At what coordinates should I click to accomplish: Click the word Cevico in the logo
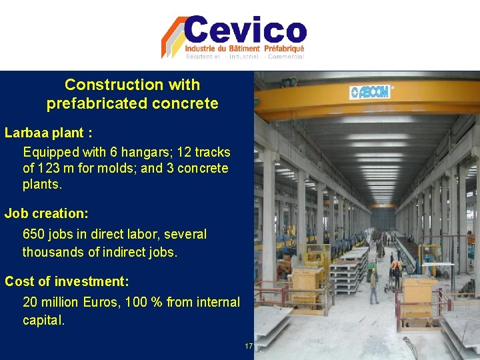[245, 31]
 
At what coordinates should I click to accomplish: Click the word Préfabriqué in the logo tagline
[283, 49]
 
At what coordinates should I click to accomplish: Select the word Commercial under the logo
[287, 57]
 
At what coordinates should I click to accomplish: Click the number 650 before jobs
[34, 235]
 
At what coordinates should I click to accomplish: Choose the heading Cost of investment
[66, 281]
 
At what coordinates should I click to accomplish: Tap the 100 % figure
[147, 303]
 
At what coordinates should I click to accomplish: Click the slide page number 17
[249, 346]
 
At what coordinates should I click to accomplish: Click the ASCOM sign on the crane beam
[370, 91]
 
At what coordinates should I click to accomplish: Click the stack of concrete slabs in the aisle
[351, 270]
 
